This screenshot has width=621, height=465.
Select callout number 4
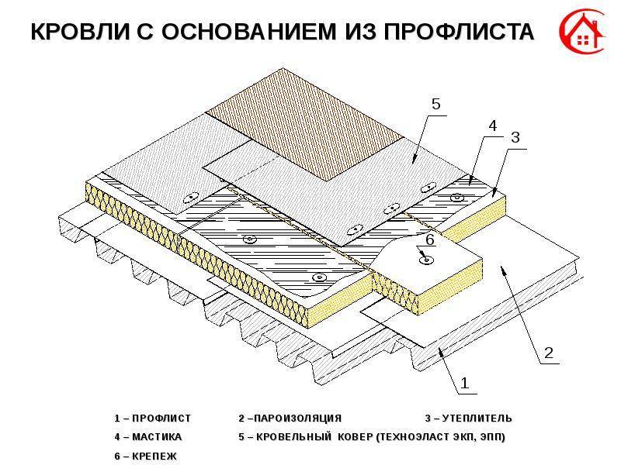(x=491, y=125)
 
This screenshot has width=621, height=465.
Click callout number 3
(x=515, y=136)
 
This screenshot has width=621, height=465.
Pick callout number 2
(x=548, y=353)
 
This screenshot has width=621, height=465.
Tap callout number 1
(x=465, y=381)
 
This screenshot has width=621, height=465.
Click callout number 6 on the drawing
(x=430, y=242)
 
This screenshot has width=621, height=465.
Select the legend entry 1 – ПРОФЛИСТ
(x=152, y=418)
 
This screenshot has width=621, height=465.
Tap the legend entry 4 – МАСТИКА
(x=147, y=437)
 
